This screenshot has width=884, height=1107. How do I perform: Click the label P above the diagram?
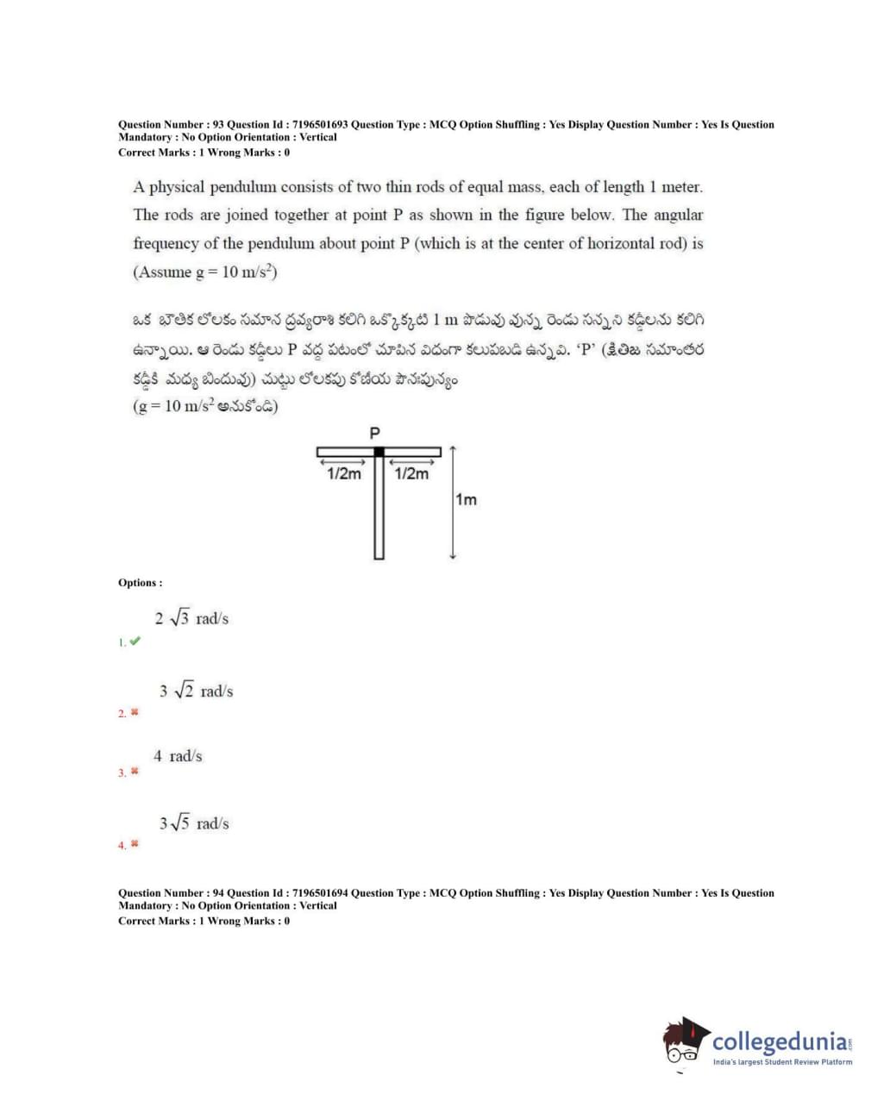pyautogui.click(x=375, y=433)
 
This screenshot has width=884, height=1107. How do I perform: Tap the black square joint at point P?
pyautogui.click(x=379, y=452)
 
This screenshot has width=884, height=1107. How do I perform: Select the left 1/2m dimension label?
pyautogui.click(x=344, y=473)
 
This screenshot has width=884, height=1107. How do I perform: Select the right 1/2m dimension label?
pyautogui.click(x=411, y=473)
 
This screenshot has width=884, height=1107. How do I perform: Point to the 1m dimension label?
pyautogui.click(x=466, y=500)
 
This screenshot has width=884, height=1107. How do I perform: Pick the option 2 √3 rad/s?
pyautogui.click(x=191, y=618)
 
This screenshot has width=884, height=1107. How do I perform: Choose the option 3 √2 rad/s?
pyautogui.click(x=196, y=691)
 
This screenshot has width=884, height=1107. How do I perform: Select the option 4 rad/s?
pyautogui.click(x=178, y=756)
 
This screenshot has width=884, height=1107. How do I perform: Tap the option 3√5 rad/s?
pyautogui.click(x=194, y=823)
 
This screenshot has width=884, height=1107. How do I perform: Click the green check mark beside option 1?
pyautogui.click(x=135, y=641)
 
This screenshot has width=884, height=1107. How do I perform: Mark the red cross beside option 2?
pyautogui.click(x=135, y=713)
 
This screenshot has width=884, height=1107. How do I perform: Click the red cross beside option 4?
pyautogui.click(x=135, y=844)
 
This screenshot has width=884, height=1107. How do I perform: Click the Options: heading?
pyautogui.click(x=140, y=583)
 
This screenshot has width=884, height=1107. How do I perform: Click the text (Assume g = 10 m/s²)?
pyautogui.click(x=204, y=272)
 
